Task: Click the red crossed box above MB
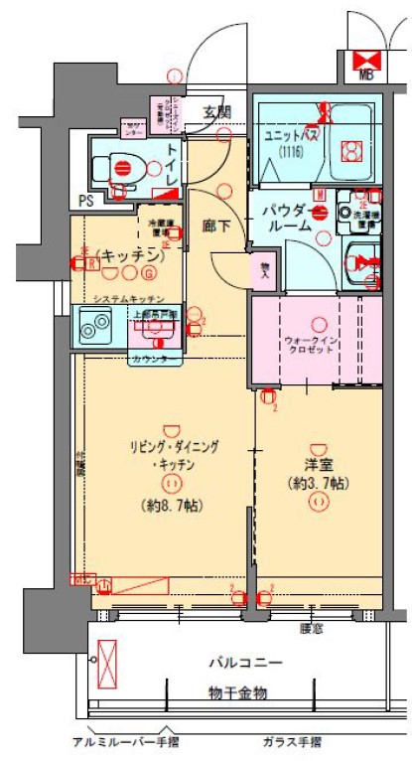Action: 366,56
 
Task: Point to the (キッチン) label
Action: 129,254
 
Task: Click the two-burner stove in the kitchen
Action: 97,324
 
